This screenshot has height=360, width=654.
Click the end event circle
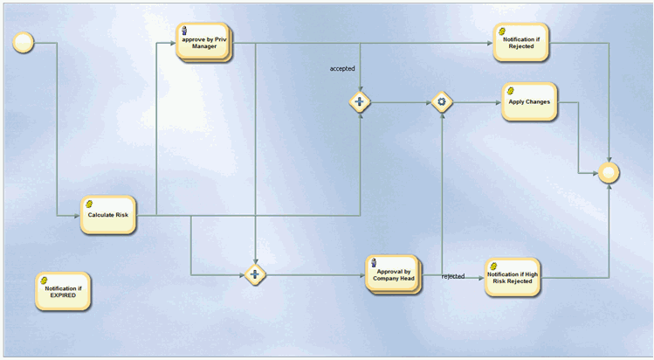coord(609,173)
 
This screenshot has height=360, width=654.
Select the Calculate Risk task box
coord(108,214)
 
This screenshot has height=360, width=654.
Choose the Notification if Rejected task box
coord(520,42)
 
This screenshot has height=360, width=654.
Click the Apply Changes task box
coord(528,102)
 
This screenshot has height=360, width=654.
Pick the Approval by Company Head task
coord(394,277)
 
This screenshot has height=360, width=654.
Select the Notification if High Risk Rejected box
coord(513,277)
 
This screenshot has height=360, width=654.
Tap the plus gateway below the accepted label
coord(360,102)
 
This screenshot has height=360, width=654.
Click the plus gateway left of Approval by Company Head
coord(255,275)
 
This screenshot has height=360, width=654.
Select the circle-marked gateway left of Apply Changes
coord(443,102)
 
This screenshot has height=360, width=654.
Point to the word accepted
coord(342,68)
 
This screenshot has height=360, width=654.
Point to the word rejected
coord(453,276)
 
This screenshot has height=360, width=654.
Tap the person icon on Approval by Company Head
coord(375,262)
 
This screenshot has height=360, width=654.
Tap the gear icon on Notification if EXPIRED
coord(44,279)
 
